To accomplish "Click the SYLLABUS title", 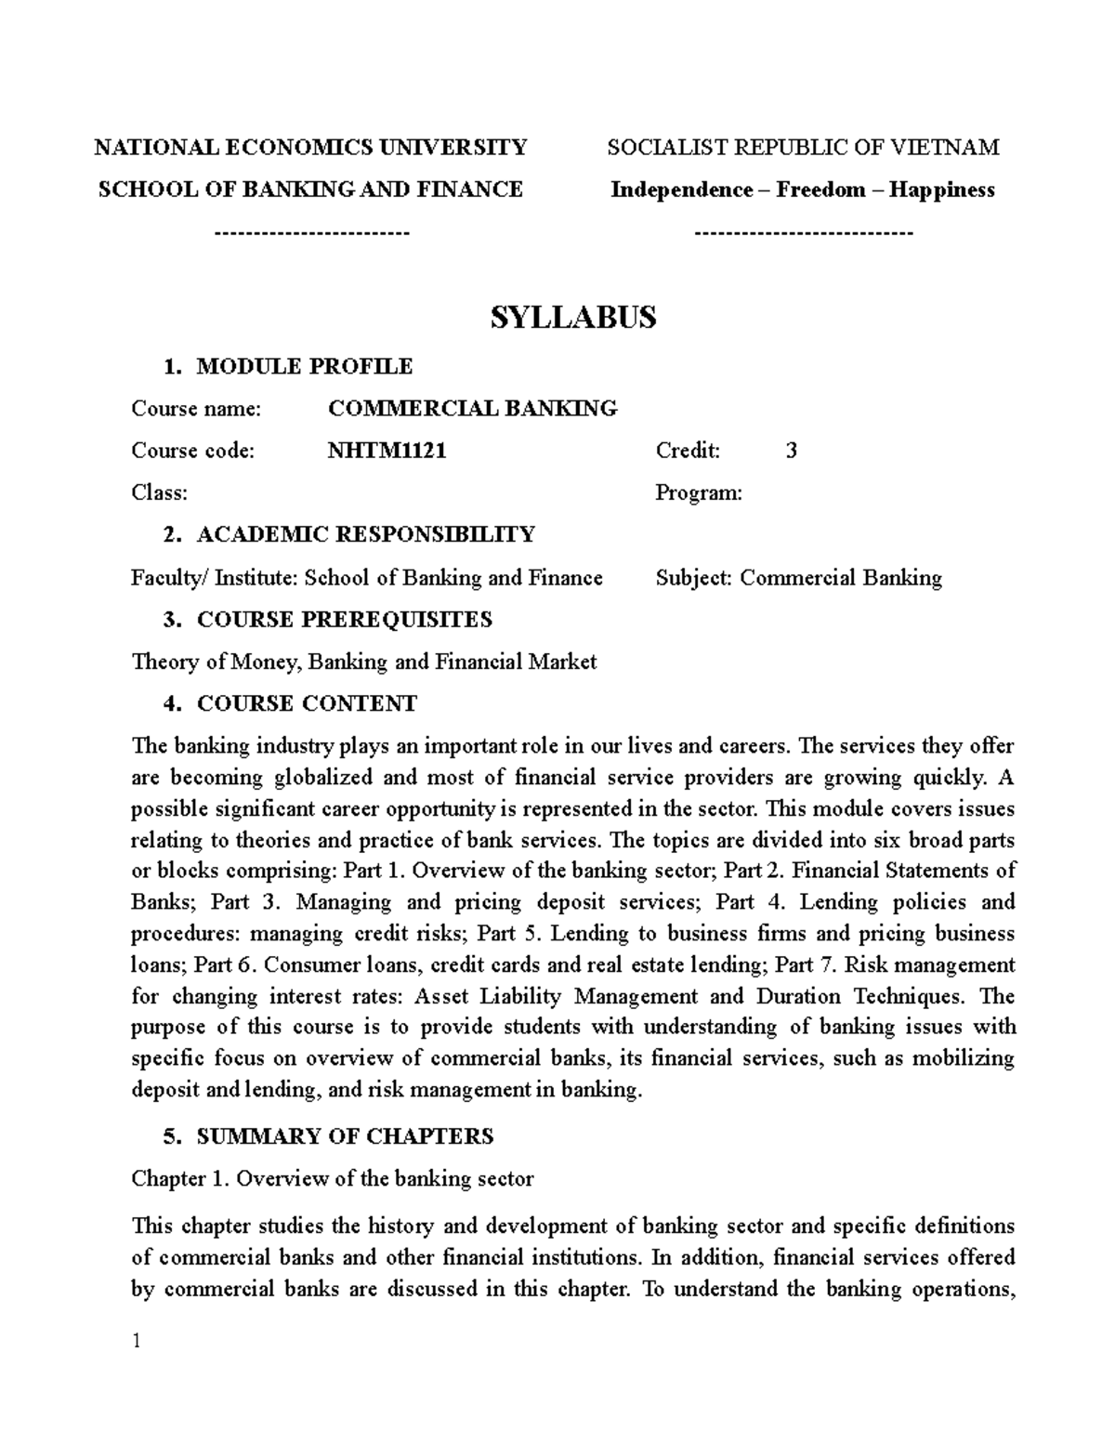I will click(572, 318).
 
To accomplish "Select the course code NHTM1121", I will click(387, 452).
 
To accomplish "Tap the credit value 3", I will click(791, 452).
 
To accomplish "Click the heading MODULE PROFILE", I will click(304, 367).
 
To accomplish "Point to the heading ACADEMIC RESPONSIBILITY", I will click(365, 535).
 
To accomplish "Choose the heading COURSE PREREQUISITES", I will click(344, 620).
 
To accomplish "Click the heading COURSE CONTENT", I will click(307, 704).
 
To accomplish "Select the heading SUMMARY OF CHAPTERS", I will click(345, 1136).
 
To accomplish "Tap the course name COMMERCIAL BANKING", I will click(472, 409).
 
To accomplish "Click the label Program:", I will click(699, 493).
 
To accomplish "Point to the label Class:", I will click(159, 493).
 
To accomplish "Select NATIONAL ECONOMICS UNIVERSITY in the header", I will click(311, 148).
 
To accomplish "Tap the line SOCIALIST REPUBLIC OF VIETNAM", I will click(803, 148).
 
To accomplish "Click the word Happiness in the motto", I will click(941, 190).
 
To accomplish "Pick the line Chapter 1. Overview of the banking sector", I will click(332, 1179).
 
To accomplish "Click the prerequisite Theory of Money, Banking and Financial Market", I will click(363, 662).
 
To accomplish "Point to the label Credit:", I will click(688, 452).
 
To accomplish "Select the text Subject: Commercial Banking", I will click(798, 578).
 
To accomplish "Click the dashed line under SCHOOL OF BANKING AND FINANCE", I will click(311, 232).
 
